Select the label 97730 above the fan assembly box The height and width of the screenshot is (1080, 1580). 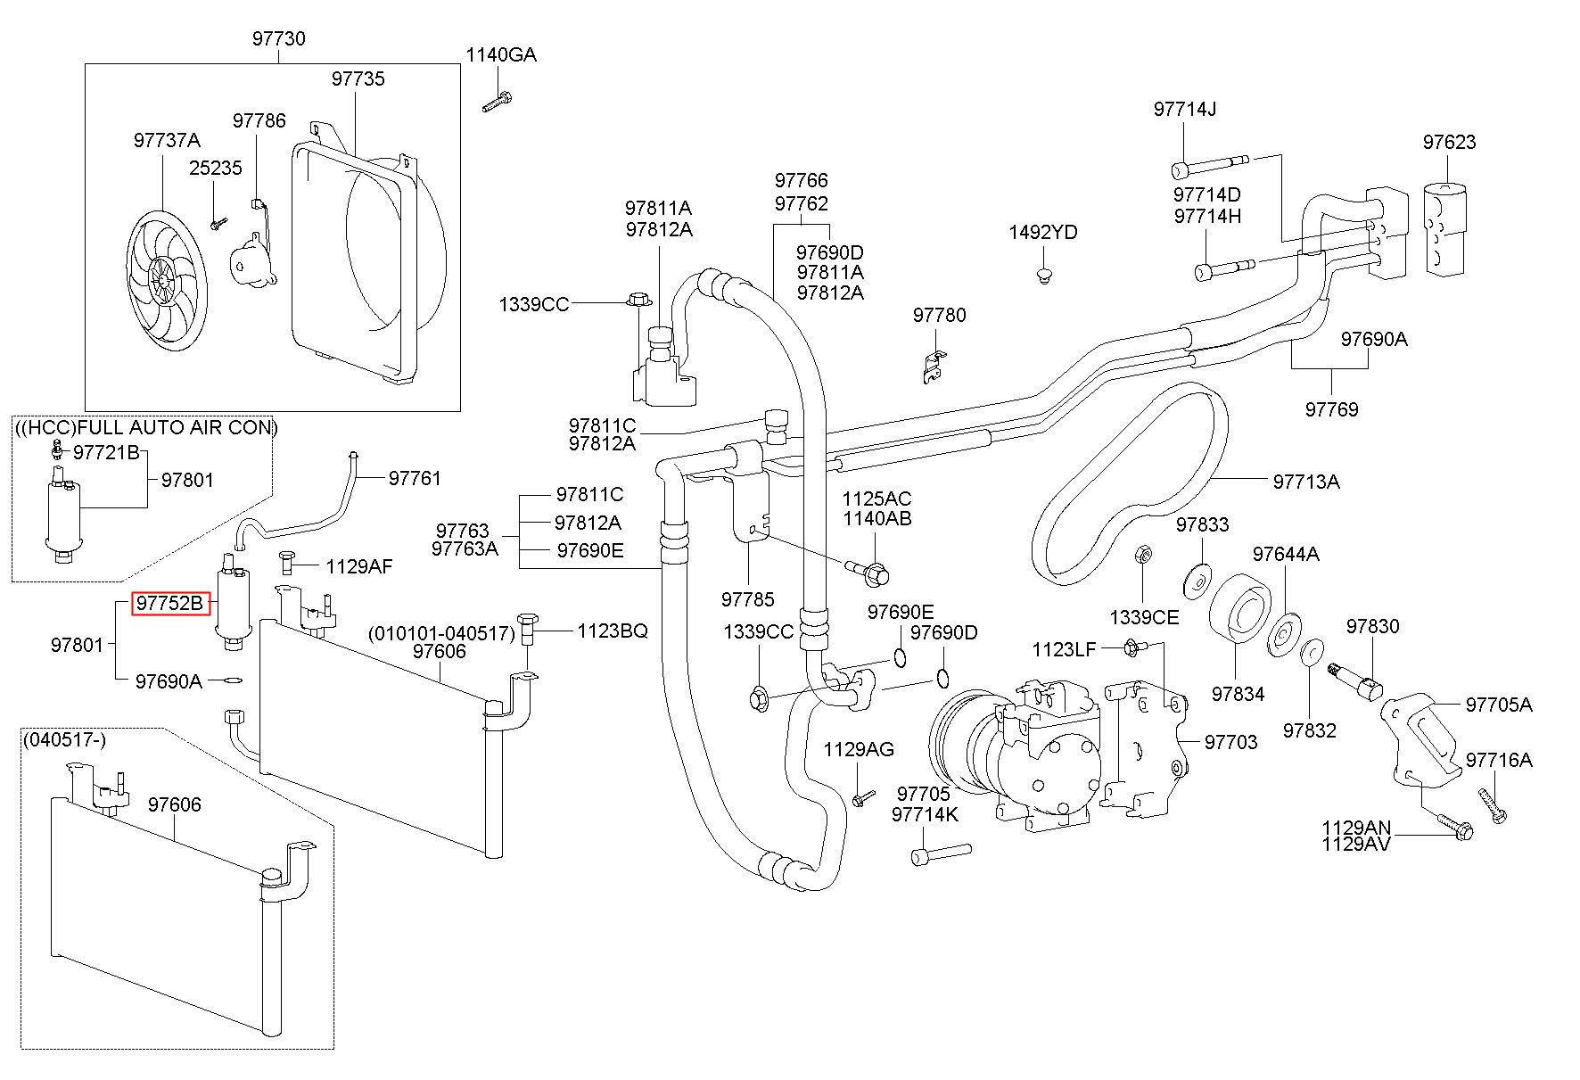[x=278, y=38]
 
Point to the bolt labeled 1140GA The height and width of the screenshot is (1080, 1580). [x=497, y=102]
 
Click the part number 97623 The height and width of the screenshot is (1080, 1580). [x=1449, y=142]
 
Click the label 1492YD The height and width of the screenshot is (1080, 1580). [x=1042, y=233]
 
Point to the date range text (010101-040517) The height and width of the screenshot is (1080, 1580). [x=442, y=633]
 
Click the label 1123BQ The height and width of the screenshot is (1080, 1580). [x=612, y=631]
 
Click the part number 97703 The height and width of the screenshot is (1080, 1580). [x=1230, y=742]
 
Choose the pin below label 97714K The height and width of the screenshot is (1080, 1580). [x=941, y=854]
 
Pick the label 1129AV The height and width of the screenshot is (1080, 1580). [x=1355, y=844]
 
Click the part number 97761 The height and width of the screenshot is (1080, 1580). [x=415, y=478]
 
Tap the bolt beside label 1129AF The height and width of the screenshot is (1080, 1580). [x=288, y=562]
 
